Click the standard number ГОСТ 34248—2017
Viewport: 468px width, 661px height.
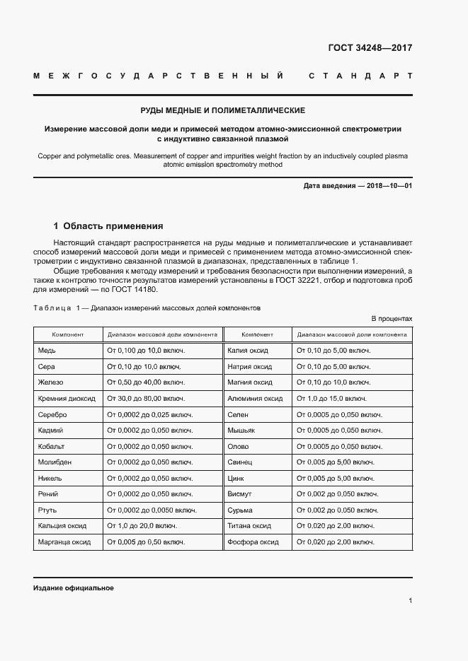pos(370,49)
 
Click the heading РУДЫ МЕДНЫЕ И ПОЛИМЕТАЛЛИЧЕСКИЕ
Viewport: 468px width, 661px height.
pos(222,111)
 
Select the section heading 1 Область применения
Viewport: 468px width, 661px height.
pos(108,226)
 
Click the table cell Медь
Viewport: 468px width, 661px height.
pos(47,350)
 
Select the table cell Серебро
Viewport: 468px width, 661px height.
pos(52,414)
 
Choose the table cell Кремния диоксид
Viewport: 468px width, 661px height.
pos(66,398)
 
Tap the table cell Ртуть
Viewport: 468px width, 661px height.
pos(47,510)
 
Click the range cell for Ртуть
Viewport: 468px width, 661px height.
pos(151,510)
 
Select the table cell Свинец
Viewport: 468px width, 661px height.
pos(241,462)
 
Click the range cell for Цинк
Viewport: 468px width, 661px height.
pos(335,478)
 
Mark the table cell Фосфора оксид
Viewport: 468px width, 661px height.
pos(253,542)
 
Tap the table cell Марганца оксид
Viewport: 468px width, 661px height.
pos(64,542)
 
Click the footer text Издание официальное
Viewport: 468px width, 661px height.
pos(73,588)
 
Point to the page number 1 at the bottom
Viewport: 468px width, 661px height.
pos(410,601)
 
